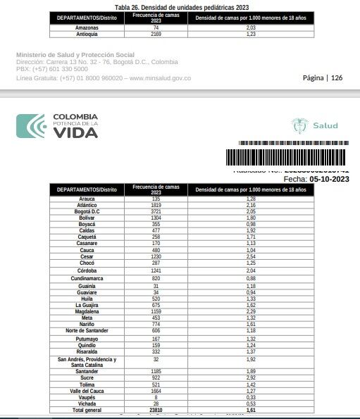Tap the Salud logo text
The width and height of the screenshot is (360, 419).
click(325, 126)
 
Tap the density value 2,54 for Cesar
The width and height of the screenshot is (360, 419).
click(250, 256)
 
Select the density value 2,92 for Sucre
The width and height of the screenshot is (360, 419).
click(250, 378)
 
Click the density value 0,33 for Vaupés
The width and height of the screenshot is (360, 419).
click(250, 397)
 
